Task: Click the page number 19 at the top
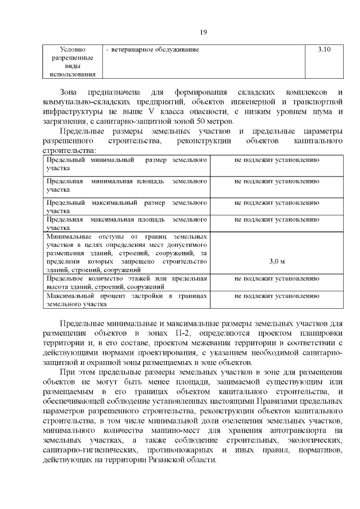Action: point(204,31)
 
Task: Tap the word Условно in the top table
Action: point(72,50)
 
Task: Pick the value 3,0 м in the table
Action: point(277,262)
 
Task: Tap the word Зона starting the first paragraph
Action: point(70,91)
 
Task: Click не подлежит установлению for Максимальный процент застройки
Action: point(277,295)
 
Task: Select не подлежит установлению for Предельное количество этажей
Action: point(277,278)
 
